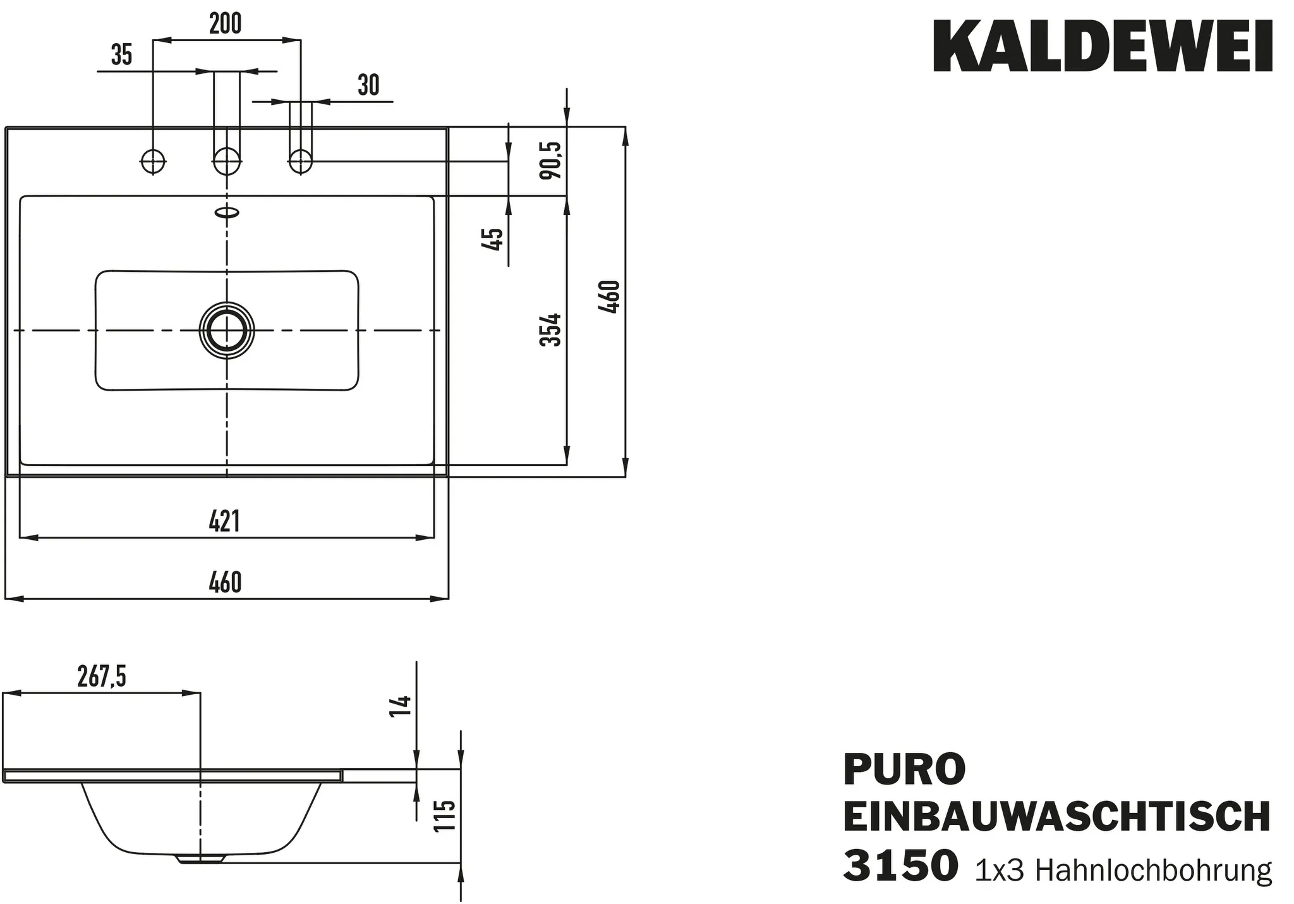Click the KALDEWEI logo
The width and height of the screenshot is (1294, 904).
(x=1103, y=47)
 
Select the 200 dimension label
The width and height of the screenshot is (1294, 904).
(x=226, y=24)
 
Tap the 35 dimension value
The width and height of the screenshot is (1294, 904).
(x=121, y=56)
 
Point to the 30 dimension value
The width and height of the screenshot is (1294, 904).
(x=368, y=85)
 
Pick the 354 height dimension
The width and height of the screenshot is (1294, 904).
(x=550, y=329)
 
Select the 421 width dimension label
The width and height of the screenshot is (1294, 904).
(x=224, y=522)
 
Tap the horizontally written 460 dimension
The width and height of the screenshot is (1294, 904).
(x=225, y=582)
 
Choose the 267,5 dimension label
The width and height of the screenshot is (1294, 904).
(x=102, y=677)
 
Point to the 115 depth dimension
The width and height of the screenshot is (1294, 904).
(x=445, y=816)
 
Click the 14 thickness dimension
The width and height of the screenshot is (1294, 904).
(x=402, y=705)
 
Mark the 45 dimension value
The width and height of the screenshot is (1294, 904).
(x=493, y=239)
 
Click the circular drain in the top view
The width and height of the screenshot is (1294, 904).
(x=227, y=330)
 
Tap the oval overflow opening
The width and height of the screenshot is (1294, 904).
(x=227, y=212)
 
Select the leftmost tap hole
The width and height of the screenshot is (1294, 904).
(x=152, y=161)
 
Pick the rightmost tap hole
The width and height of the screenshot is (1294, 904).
(x=301, y=161)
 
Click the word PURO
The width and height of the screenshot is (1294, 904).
(x=904, y=769)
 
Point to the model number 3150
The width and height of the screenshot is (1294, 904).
(x=900, y=866)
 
